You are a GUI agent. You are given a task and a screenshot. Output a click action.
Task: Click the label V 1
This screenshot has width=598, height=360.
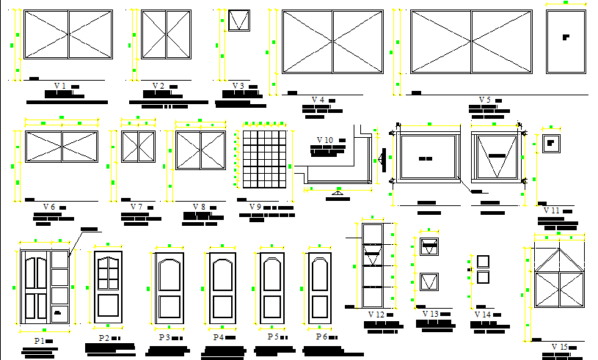tap(60, 86)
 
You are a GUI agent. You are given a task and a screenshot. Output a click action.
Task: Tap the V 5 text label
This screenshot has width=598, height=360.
tap(484, 100)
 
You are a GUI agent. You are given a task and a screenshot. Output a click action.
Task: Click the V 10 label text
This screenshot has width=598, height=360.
tap(325, 140)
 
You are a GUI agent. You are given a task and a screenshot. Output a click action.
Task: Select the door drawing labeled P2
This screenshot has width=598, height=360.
tap(108, 287)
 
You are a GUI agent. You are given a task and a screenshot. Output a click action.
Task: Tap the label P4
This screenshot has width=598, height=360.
tap(218, 337)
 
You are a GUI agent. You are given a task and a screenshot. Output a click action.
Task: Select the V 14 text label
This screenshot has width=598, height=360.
tap(483, 315)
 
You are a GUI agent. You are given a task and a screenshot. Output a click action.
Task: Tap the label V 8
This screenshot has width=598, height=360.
tap(199, 207)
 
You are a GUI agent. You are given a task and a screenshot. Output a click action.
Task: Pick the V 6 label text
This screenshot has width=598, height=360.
tap(50, 207)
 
